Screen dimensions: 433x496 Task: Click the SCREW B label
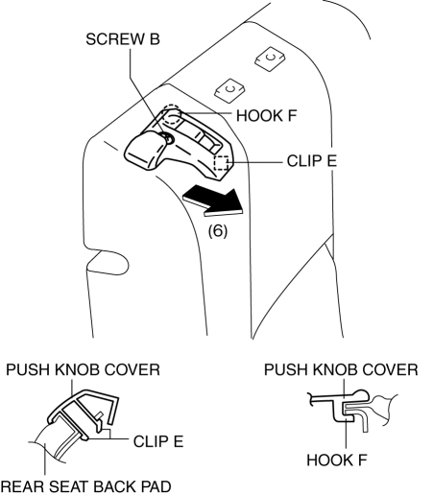123,39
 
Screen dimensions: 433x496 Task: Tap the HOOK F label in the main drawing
267,115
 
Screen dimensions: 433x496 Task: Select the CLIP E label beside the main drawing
312,161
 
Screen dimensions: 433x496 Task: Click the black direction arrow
214,201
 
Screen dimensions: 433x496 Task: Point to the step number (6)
218,230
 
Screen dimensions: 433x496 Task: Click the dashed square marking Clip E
221,163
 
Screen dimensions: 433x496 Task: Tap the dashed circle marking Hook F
172,114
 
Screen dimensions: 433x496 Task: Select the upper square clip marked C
270,59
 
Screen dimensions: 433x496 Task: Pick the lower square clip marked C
230,90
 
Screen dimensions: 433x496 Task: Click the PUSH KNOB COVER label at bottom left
83,369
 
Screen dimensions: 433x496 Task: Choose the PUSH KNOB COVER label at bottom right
341,369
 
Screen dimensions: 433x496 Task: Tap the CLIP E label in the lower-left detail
158,441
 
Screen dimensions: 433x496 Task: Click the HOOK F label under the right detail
337,460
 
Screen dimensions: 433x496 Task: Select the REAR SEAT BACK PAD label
85,486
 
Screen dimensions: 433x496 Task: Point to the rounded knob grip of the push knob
144,151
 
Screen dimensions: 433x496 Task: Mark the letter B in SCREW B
154,39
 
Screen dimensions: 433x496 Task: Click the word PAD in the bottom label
156,486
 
